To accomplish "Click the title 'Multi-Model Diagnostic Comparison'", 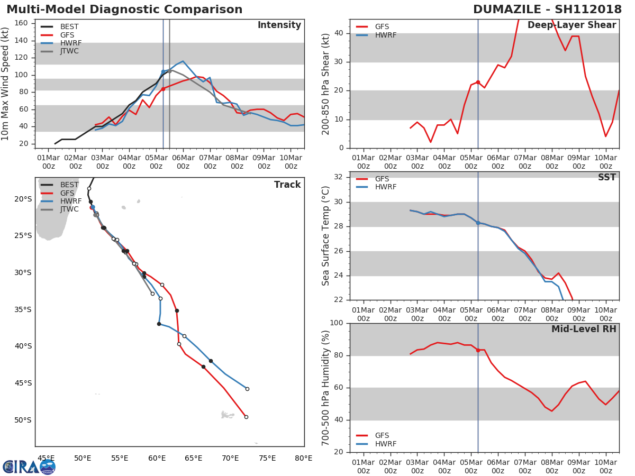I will [x=124, y=10].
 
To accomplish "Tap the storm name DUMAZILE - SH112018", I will [x=547, y=10].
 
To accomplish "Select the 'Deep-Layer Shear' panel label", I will [x=571, y=25].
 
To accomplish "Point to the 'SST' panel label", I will [x=606, y=178].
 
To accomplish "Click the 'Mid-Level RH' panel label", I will [x=583, y=329].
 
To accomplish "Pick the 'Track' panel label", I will [x=287, y=185].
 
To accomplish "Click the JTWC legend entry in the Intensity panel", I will [x=70, y=51].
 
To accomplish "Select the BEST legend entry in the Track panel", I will [x=69, y=185].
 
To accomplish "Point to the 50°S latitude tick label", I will [x=23, y=420].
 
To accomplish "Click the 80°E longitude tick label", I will [x=303, y=459].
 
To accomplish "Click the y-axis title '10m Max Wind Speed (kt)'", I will [x=6, y=84].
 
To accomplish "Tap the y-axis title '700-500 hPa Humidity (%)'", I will [x=326, y=388].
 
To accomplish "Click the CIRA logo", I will [x=29, y=466].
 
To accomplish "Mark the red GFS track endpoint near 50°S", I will [x=246, y=417].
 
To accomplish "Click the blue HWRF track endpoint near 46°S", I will [x=247, y=389].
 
